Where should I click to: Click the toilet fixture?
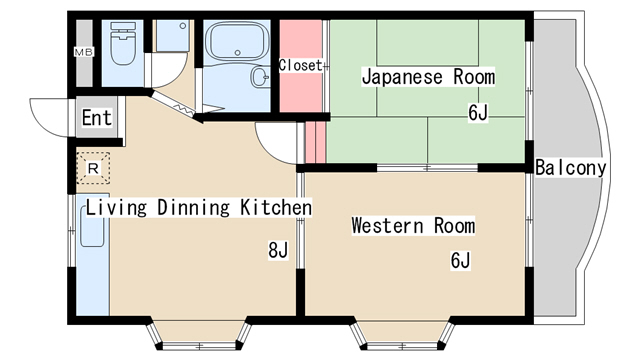[x=123, y=44]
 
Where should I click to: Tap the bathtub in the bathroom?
[x=237, y=41]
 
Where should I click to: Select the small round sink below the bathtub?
[x=260, y=76]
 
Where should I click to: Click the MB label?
[x=84, y=52]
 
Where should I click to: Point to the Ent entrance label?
[x=97, y=118]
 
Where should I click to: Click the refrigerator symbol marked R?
[x=93, y=168]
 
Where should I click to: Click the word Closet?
[x=301, y=65]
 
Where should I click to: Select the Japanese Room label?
[x=429, y=77]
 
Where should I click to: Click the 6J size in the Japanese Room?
[x=478, y=113]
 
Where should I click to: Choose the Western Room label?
[x=413, y=225]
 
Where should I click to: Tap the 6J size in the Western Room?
[x=460, y=260]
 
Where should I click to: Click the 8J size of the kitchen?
[x=278, y=250]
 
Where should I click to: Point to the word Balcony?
[x=571, y=168]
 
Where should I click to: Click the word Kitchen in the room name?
[x=276, y=207]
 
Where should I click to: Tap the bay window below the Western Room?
[x=402, y=335]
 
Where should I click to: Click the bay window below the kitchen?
[x=199, y=335]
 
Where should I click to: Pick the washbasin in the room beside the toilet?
[x=173, y=36]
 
